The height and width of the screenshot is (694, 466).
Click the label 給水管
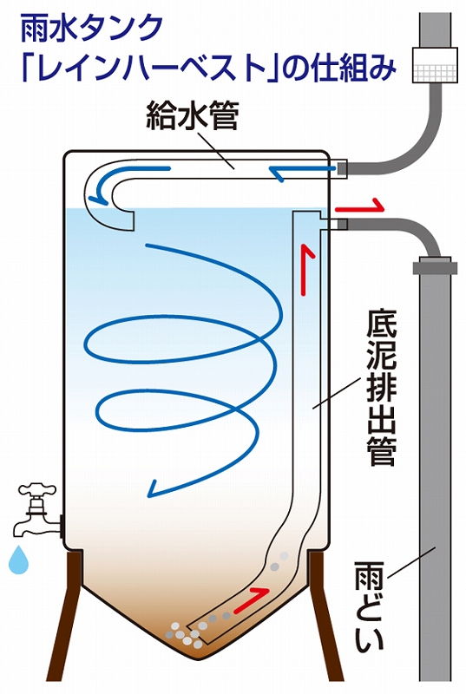point(193,115)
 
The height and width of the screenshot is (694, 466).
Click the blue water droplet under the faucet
point(18,559)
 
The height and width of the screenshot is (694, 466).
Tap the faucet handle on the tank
point(36,491)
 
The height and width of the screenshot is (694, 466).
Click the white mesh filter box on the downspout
point(434,64)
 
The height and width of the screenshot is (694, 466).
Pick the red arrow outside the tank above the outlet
point(359,206)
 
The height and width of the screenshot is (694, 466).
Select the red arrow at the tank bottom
point(251,599)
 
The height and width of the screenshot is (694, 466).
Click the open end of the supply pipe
point(125,220)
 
